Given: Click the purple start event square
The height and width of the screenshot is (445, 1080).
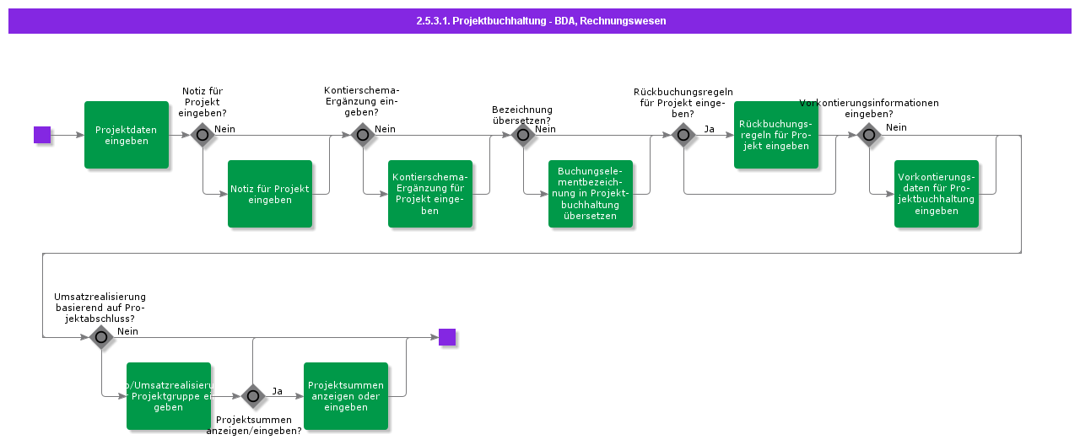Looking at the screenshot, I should click(x=42, y=135).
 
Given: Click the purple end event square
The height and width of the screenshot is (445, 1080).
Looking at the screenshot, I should click(x=447, y=337).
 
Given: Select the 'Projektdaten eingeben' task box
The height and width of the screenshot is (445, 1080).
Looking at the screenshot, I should click(x=127, y=135).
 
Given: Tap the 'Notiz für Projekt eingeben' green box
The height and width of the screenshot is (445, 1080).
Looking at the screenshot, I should click(x=270, y=194).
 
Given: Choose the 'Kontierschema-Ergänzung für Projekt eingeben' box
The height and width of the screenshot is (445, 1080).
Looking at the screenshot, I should click(x=430, y=194).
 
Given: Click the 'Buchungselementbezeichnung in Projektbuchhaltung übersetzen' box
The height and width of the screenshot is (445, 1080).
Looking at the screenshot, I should click(x=591, y=194).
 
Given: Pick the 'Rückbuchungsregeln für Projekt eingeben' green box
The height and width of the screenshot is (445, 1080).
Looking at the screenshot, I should click(x=775, y=135).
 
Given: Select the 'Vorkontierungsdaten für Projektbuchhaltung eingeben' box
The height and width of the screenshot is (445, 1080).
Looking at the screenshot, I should click(x=937, y=194).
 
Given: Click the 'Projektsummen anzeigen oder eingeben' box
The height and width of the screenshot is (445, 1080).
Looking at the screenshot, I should click(x=346, y=396).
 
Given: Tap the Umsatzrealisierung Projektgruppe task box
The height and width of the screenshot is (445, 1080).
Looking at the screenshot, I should click(x=169, y=396).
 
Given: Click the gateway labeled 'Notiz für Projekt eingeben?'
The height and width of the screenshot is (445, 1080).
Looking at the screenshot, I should click(x=202, y=135).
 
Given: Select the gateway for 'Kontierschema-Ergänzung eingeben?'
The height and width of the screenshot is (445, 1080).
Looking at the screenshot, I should click(x=363, y=135).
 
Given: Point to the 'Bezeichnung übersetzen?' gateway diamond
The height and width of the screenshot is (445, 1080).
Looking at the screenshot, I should click(x=523, y=135).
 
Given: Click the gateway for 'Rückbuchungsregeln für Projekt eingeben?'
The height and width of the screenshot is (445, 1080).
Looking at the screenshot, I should click(x=683, y=135).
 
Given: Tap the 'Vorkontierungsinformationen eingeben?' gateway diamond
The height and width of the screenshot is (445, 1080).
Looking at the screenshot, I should click(x=869, y=135).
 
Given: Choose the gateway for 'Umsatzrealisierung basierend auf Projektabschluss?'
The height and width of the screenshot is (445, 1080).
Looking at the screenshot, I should click(x=101, y=337).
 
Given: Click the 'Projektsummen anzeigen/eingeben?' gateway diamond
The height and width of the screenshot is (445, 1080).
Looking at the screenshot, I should click(x=253, y=396).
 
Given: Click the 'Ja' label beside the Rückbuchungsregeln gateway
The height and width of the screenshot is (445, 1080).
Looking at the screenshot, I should click(x=709, y=129).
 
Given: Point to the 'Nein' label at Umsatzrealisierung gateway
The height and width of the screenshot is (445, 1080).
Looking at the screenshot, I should click(x=128, y=331).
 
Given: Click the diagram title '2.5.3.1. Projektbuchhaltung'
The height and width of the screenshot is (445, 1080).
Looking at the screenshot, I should click(x=540, y=21).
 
